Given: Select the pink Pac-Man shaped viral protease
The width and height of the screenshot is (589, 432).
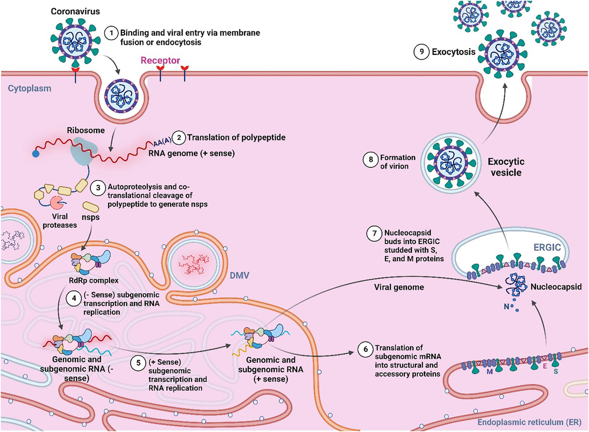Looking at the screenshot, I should click(55, 203).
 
